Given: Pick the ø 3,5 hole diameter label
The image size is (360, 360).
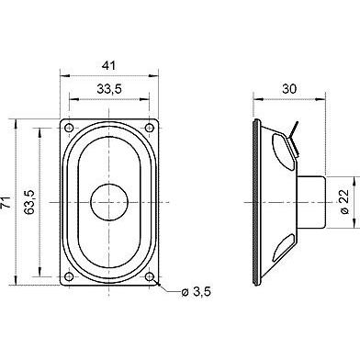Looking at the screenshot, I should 197,292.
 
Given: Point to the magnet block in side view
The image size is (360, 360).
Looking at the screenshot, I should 310,200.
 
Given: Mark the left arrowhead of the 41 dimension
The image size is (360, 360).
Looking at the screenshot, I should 64,76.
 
